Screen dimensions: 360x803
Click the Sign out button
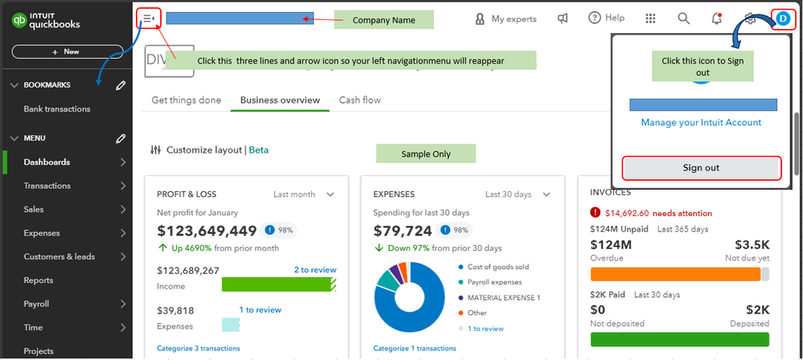pos(701,168)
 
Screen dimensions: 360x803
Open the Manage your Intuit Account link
pos(701,122)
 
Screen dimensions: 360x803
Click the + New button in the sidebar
pos(66,51)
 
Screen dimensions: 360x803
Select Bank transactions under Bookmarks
pos(56,108)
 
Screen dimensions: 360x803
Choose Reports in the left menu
pos(39,280)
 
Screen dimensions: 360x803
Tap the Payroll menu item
pos(36,304)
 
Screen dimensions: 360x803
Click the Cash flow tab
pos(359,100)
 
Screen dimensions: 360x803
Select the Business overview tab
pos(280,100)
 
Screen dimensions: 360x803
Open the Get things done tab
pos(186,100)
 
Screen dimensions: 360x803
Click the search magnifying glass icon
pos(683,18)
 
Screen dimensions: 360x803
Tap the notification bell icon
pos(716,18)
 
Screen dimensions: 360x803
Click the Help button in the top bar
pos(606,18)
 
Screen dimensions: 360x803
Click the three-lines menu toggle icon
pos(148,18)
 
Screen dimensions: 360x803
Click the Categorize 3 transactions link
pos(198,348)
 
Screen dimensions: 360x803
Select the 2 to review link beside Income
pos(315,270)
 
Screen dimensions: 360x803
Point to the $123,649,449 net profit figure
pos(207,231)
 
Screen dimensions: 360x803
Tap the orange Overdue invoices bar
pos(675,274)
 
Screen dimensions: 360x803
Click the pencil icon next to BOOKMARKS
pos(121,85)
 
